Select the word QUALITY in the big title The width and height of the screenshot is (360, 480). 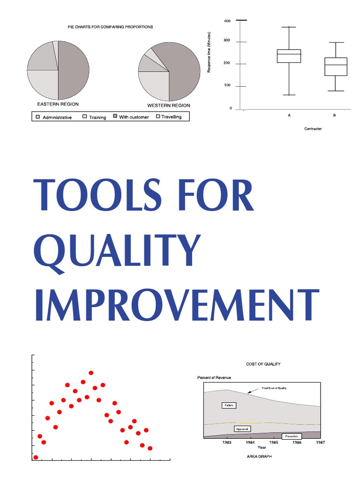[117, 251]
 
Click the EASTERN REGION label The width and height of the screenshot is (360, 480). [58, 104]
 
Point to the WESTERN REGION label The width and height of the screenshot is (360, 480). [169, 105]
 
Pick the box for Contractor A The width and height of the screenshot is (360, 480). [289, 56]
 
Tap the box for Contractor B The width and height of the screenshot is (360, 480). [336, 67]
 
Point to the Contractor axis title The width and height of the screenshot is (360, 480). [313, 128]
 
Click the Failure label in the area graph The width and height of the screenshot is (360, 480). [229, 405]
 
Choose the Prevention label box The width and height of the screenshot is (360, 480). [292, 436]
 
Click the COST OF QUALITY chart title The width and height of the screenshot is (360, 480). [263, 364]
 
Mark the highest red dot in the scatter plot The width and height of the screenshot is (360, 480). [91, 373]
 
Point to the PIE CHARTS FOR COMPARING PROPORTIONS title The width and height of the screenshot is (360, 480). [110, 27]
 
